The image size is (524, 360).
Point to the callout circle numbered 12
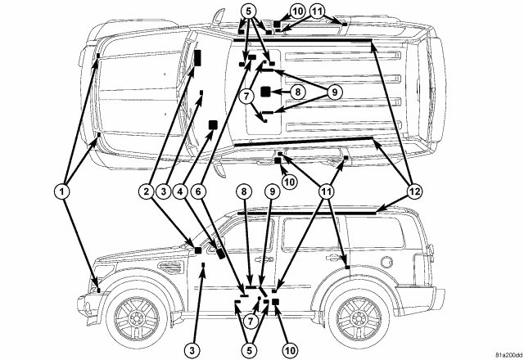coord(415,191)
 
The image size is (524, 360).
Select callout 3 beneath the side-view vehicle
coord(191,350)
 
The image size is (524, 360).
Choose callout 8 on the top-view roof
coord(296,92)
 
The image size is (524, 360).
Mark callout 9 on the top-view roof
coord(334,92)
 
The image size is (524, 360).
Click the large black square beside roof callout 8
coord(266,92)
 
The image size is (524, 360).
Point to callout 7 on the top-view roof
coord(245,96)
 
